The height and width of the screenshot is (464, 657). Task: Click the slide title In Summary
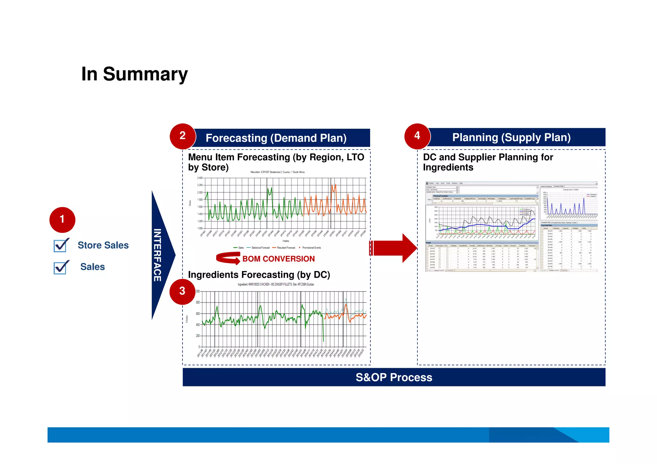coord(134,74)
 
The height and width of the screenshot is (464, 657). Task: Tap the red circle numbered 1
coord(62,220)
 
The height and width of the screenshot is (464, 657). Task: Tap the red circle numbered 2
coord(183,136)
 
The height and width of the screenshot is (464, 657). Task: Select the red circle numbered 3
coord(182,291)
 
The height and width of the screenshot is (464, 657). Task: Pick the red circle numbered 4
coord(417,136)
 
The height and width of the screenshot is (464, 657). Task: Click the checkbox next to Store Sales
coord(60,246)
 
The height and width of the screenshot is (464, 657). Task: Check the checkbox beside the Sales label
coord(60,267)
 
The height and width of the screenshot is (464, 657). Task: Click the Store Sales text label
coord(103,245)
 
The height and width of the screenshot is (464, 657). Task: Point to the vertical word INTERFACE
coord(157,255)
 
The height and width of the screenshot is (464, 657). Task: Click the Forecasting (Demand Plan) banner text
coord(276,138)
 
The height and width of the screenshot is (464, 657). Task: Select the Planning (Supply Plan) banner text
coord(511,138)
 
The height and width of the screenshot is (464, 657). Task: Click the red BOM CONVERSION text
coord(278,259)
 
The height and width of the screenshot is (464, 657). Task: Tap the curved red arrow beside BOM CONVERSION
coord(228,258)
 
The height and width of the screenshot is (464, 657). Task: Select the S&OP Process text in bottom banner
coord(394,377)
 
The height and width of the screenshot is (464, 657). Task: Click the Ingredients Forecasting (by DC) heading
coord(259,275)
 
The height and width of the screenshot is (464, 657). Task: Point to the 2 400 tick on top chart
coord(200,178)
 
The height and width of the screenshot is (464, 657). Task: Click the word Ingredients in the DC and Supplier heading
coord(448,167)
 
